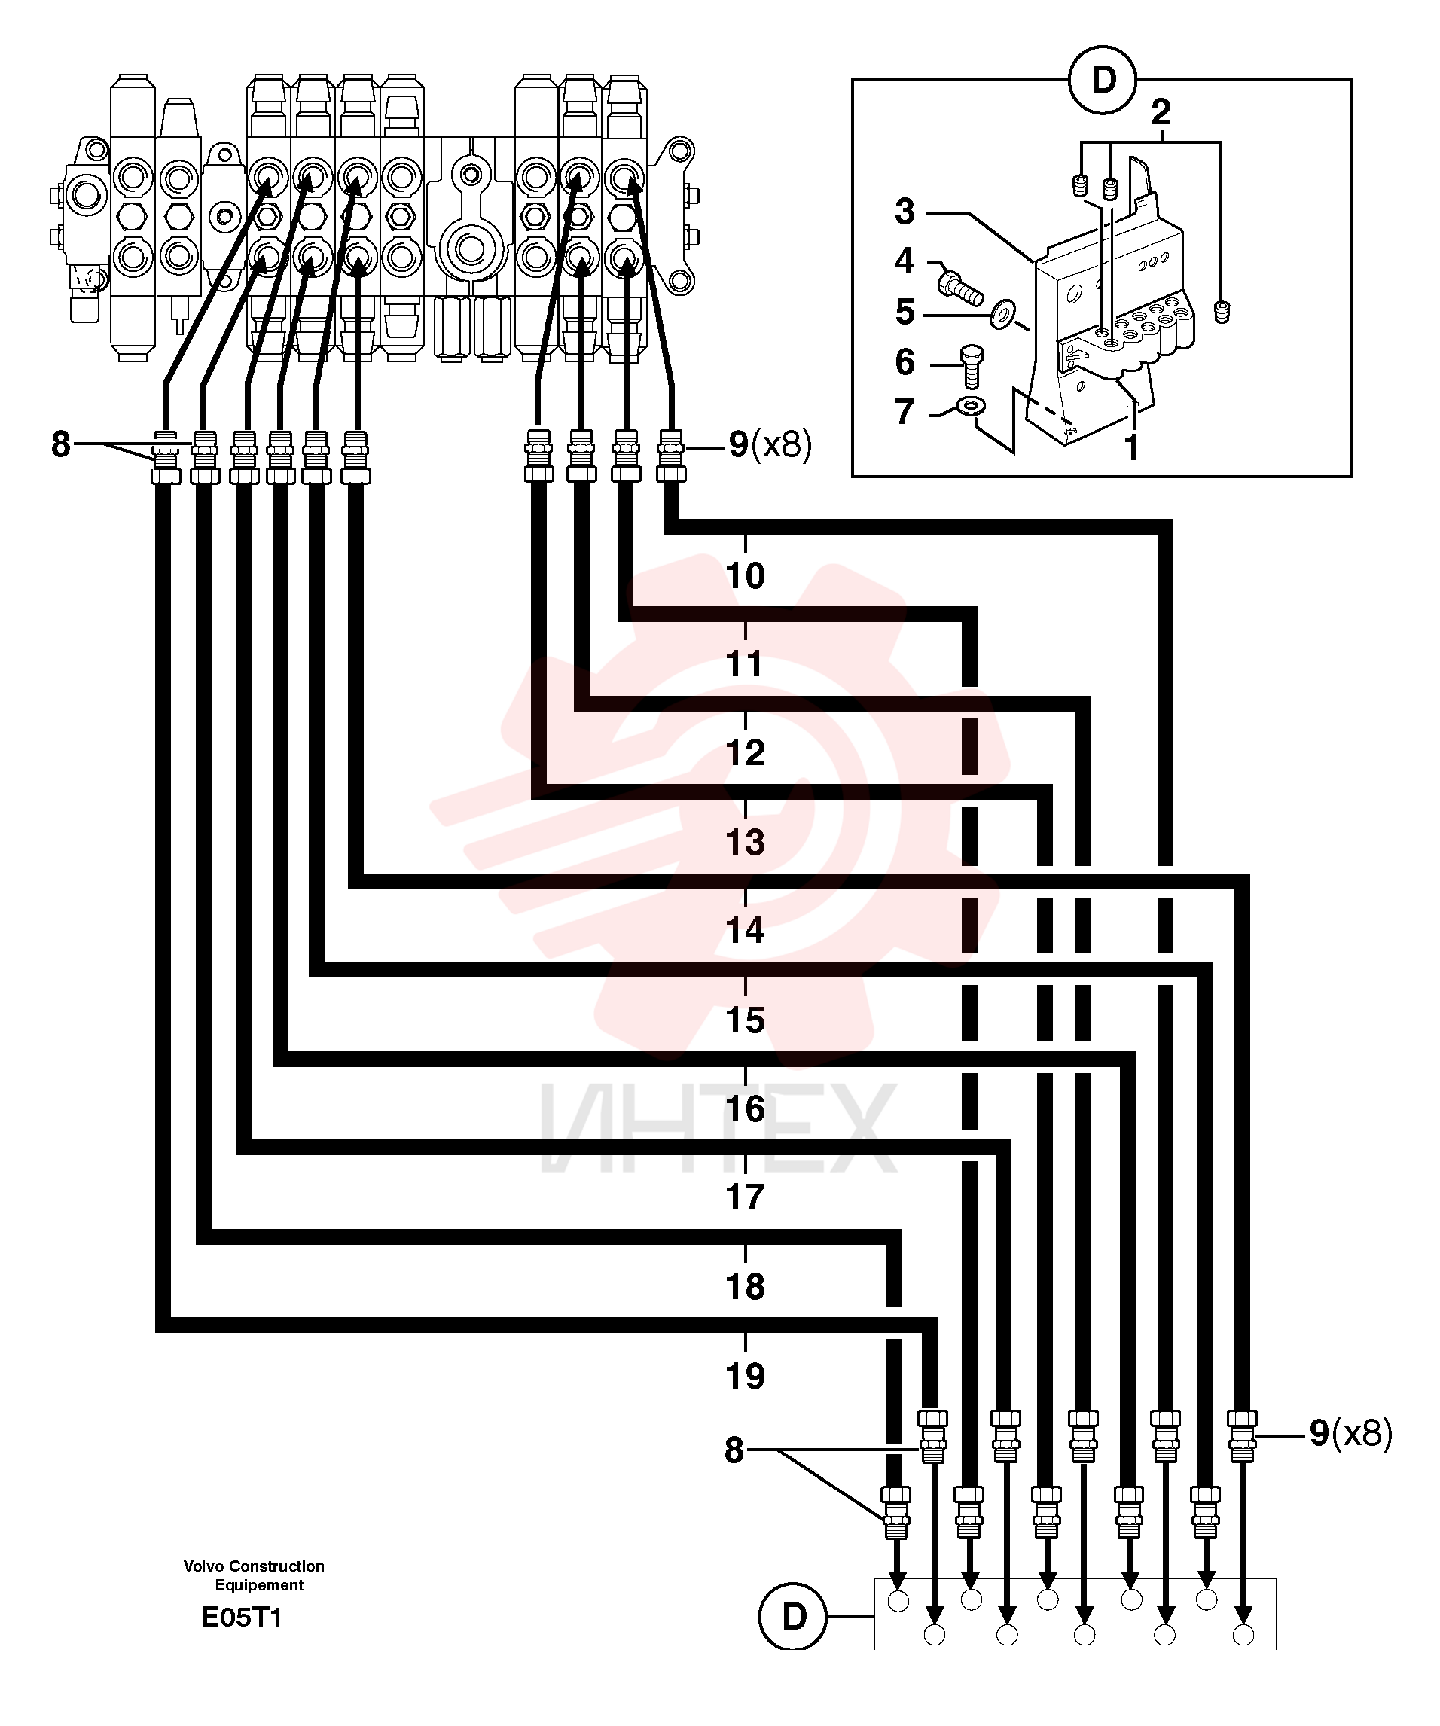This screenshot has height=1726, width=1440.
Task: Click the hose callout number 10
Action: [x=745, y=575]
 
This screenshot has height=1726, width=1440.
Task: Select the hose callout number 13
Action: [x=745, y=843]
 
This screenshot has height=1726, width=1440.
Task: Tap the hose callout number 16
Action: [x=745, y=1109]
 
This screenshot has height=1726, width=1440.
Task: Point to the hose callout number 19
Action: [x=745, y=1376]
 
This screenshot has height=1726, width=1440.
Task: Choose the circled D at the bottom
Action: [x=793, y=1617]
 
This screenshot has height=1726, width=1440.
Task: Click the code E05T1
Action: [x=242, y=1618]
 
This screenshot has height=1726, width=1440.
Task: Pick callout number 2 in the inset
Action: [x=1161, y=111]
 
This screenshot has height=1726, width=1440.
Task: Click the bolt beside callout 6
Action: [x=972, y=366]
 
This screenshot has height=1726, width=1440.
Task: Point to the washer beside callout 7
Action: [x=973, y=405]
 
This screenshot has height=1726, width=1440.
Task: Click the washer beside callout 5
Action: [x=1002, y=314]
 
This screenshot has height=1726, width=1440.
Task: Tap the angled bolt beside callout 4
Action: [x=960, y=287]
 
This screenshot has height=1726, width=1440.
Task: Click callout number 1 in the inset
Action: [x=1132, y=448]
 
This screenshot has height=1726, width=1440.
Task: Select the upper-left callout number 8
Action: [x=61, y=444]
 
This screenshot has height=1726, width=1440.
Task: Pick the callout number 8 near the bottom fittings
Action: [x=734, y=1450]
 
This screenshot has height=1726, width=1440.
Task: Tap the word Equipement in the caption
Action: [x=259, y=1585]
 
